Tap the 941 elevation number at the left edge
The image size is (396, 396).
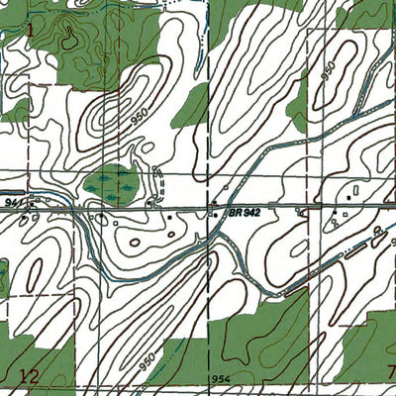point(12,201)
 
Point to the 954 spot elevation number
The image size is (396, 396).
point(219,379)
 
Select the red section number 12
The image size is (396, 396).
point(29,374)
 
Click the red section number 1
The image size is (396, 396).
point(30,30)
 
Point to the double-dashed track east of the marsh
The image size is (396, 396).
point(159,183)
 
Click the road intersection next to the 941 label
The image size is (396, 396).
point(31,205)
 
